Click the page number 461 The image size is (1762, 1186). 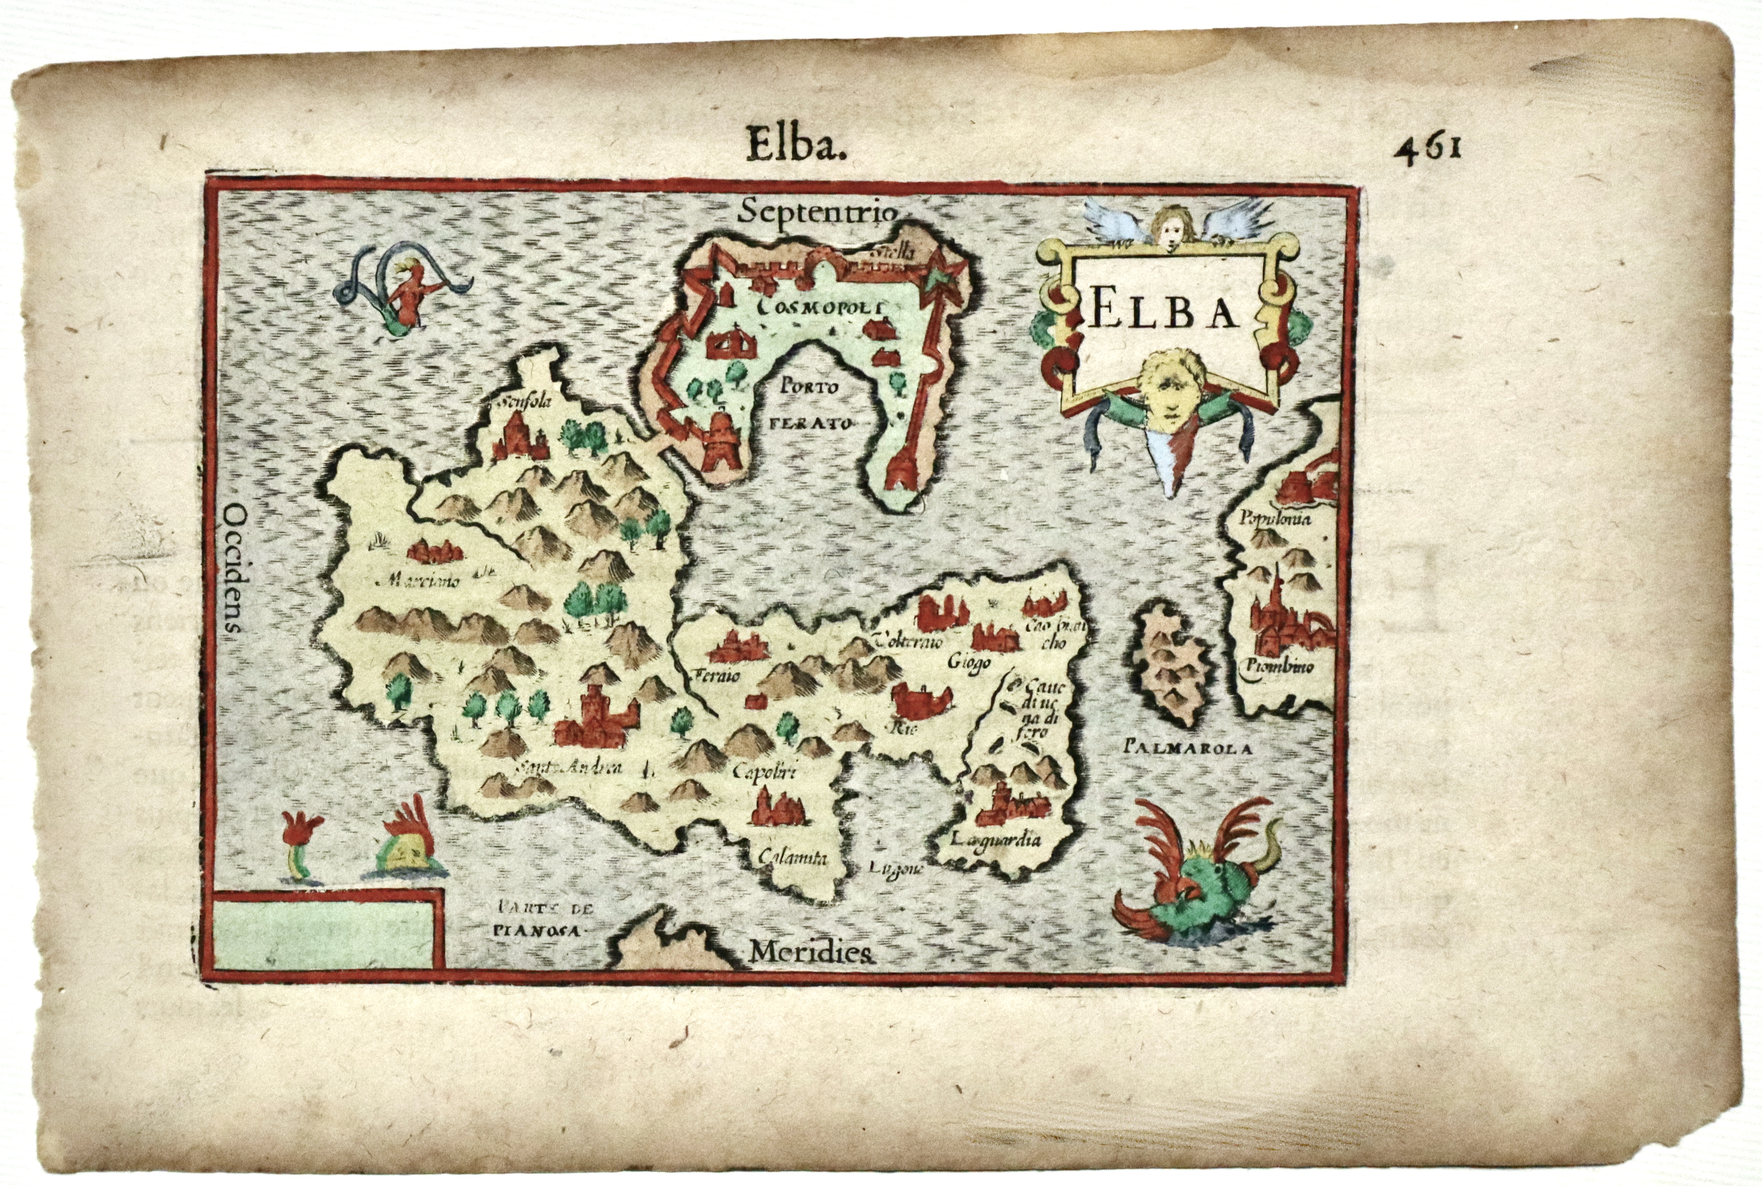tap(1428, 147)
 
